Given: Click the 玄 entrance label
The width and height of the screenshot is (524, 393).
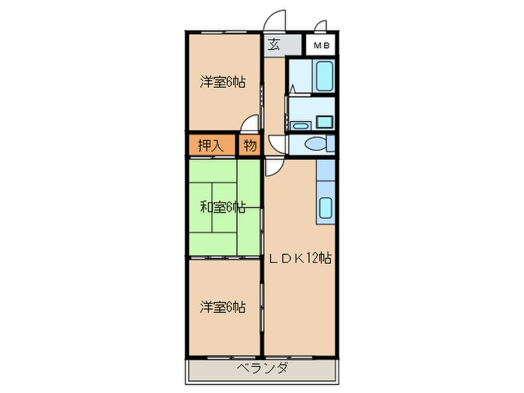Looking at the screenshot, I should pos(274,44).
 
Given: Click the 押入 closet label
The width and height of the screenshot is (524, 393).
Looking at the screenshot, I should pos(210,144).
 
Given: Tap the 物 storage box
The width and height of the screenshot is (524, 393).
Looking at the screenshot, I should pos(249,144).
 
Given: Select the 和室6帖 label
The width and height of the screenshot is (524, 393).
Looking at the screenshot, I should pos(222,207).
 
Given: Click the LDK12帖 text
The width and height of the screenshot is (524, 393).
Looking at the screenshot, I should pos(300,258).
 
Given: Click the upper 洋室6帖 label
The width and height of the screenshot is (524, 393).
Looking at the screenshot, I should pos(222,82).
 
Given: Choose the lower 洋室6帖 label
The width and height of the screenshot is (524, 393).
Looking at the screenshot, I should pos(222,306).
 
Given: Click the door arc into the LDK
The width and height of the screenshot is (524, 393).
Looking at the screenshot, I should pos(272,165).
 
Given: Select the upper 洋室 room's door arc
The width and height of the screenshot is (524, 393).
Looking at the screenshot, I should pos(252,124).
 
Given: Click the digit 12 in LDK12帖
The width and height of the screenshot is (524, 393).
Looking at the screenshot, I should pos(315,258).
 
